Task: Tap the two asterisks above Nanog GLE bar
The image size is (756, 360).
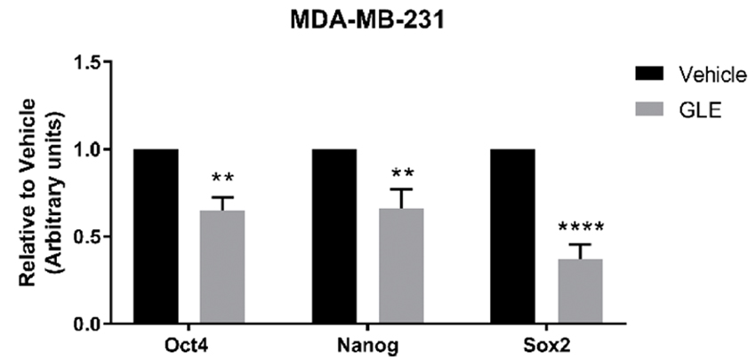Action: click(401, 172)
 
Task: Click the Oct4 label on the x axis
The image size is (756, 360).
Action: click(189, 346)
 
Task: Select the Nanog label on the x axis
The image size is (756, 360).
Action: click(368, 346)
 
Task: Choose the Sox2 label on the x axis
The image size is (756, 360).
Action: click(547, 346)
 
